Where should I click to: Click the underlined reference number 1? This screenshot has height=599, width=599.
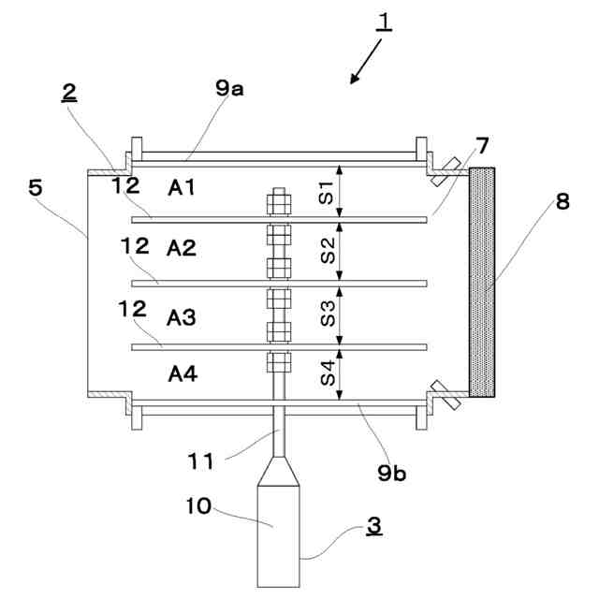point(384,22)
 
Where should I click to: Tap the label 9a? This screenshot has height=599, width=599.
point(229,89)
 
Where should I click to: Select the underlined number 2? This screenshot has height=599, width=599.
point(69,93)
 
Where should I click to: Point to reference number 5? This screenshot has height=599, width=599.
point(36,188)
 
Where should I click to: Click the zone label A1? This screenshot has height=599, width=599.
point(182,187)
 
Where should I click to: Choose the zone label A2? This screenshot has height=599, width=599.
point(182,248)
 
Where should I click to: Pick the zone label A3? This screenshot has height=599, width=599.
point(181,317)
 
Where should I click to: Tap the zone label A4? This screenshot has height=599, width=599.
point(183,373)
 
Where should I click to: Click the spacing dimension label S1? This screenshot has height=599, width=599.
point(327,193)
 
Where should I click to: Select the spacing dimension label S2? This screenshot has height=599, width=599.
point(328,251)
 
